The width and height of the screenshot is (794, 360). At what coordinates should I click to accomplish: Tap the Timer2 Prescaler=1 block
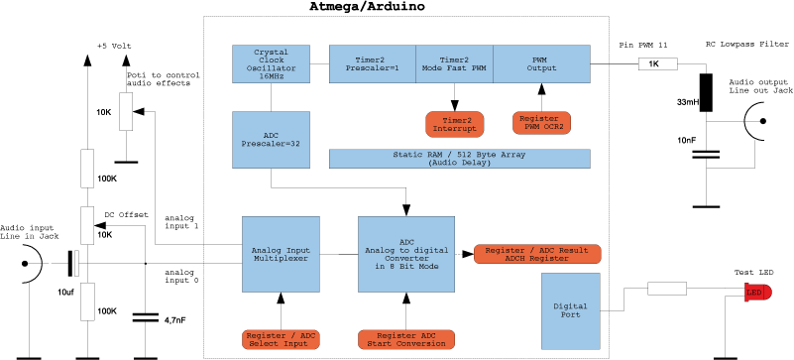tap(372, 63)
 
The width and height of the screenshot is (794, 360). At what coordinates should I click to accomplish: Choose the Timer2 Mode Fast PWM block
tap(453, 63)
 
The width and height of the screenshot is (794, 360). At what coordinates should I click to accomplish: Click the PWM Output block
tap(541, 63)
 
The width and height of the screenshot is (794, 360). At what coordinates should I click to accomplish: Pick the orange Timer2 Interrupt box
tap(454, 124)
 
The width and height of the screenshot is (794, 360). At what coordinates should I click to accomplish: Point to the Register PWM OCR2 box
tap(541, 123)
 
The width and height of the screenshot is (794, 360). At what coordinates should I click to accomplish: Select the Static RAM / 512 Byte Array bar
tap(459, 159)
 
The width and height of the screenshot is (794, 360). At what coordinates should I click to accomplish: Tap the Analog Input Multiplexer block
tap(282, 254)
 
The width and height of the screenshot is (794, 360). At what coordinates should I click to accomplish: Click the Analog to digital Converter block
tap(405, 254)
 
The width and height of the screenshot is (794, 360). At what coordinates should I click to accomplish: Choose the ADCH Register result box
tap(538, 253)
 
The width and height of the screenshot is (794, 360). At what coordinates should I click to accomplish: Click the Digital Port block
tap(570, 307)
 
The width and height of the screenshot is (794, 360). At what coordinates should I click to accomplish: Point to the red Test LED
tap(756, 292)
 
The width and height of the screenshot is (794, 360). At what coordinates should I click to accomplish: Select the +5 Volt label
tap(114, 47)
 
